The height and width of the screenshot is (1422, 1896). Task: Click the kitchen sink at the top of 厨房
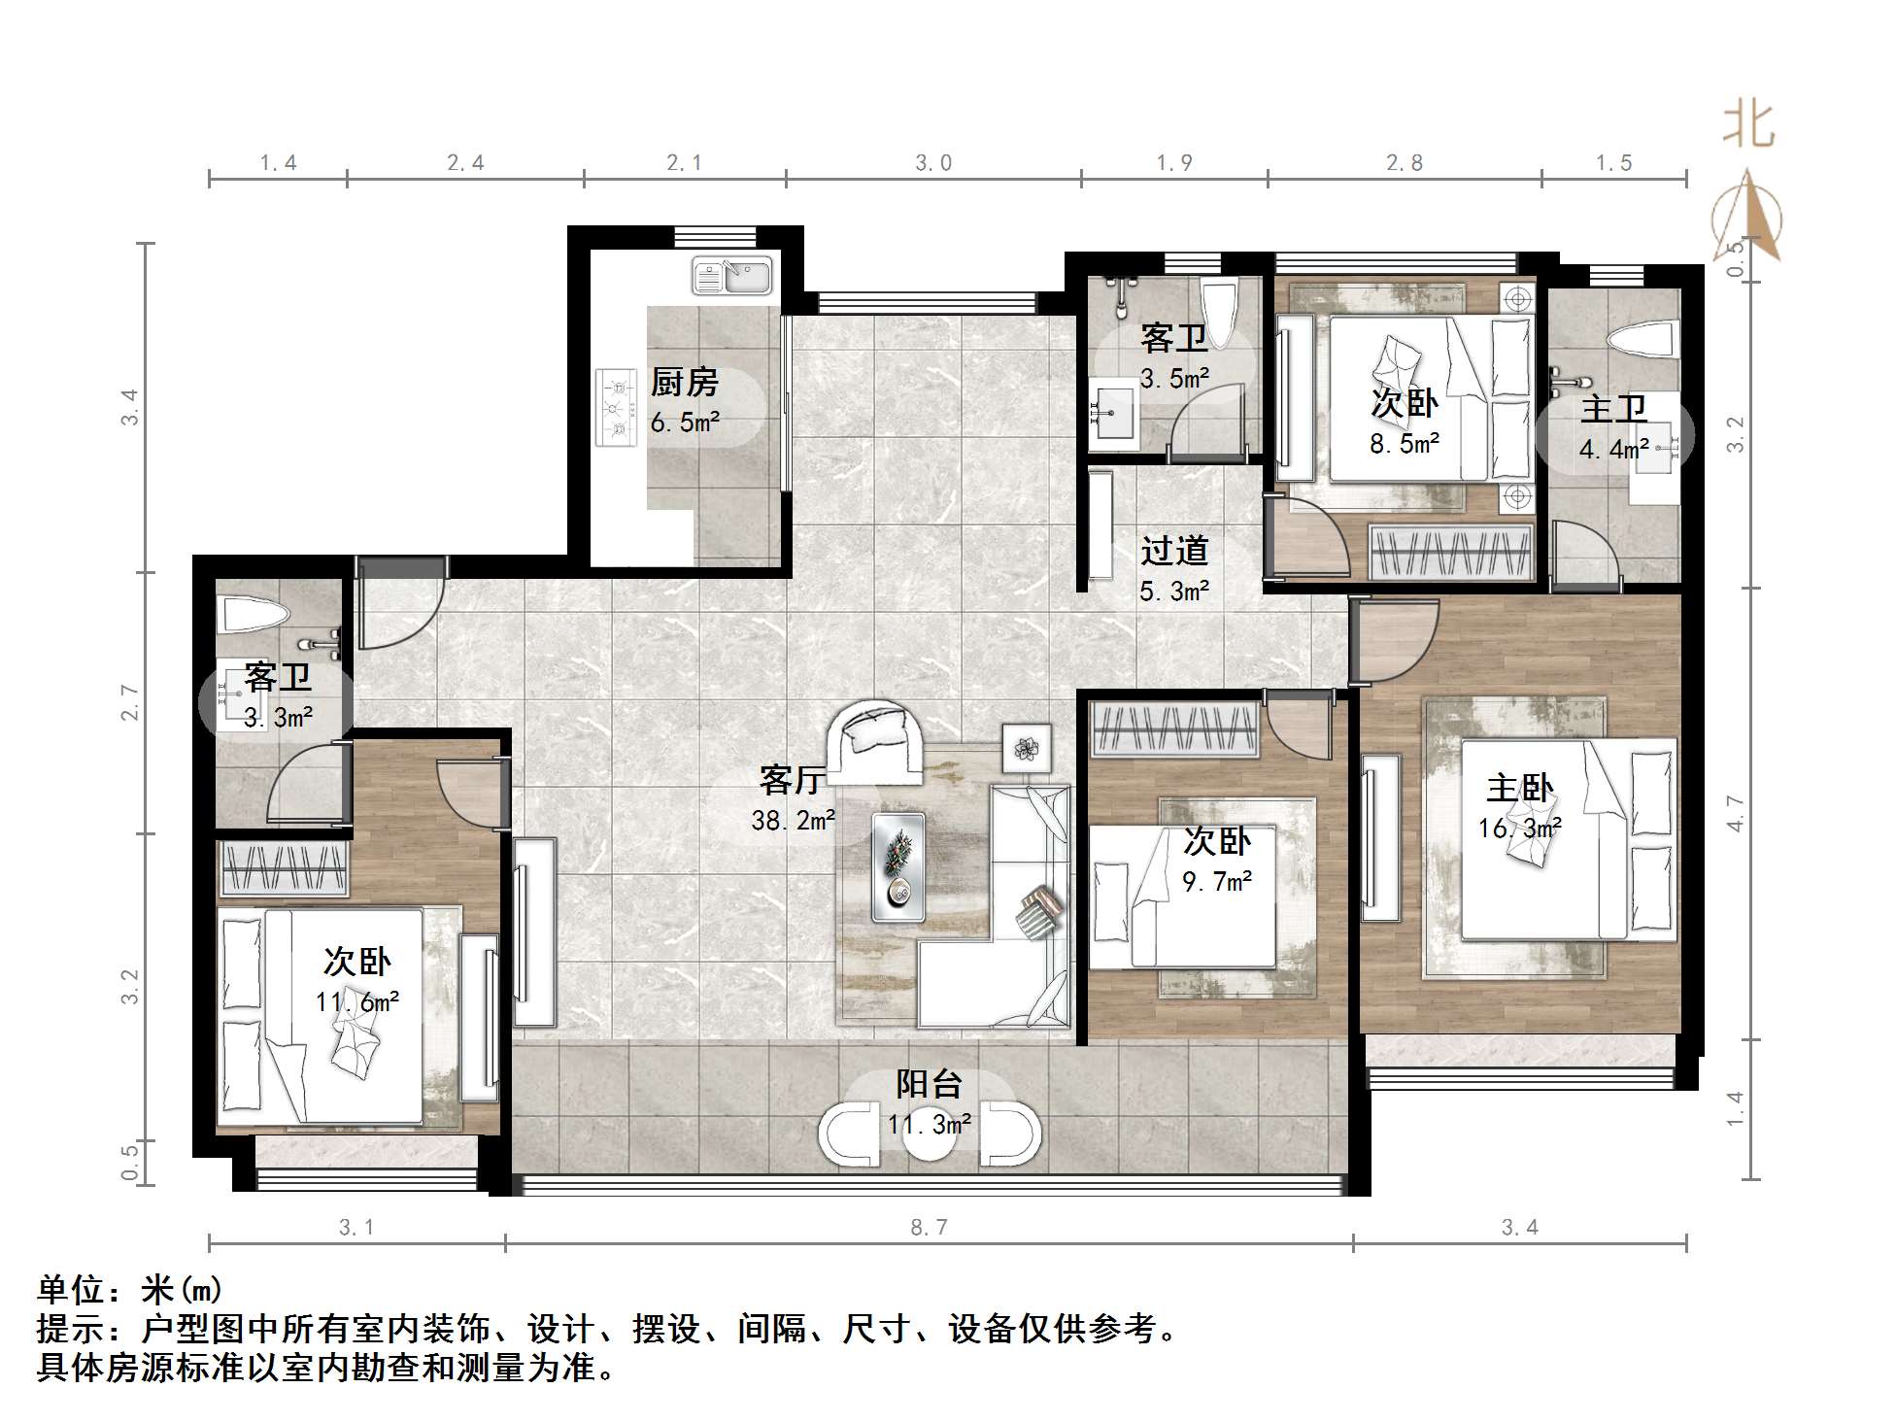coord(732,276)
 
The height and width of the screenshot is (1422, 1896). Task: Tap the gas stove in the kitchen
coord(615,408)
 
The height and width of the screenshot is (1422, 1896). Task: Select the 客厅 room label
coord(792,779)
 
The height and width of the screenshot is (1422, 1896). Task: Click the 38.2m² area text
coord(793,821)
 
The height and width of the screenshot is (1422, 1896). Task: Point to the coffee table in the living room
coord(897,866)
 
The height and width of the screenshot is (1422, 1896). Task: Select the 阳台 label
coord(929,1084)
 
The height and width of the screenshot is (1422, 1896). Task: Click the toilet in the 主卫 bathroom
coord(1642,341)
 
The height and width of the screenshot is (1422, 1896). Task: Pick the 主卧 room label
coord(1519,788)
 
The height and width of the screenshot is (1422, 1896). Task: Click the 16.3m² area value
coord(1519,829)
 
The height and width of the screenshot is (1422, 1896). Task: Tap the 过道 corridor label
coord(1174,551)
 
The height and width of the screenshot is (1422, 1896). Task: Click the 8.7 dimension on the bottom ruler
coord(929,1228)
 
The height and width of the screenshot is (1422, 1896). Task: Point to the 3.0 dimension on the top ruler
coord(933,163)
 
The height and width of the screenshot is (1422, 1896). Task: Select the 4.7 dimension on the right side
coord(1736,813)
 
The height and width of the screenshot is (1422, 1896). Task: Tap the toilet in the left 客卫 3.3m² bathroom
coord(255,615)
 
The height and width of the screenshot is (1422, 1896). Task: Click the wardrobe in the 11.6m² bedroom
coord(284,867)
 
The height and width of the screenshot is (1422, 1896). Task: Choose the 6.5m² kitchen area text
coord(685,423)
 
